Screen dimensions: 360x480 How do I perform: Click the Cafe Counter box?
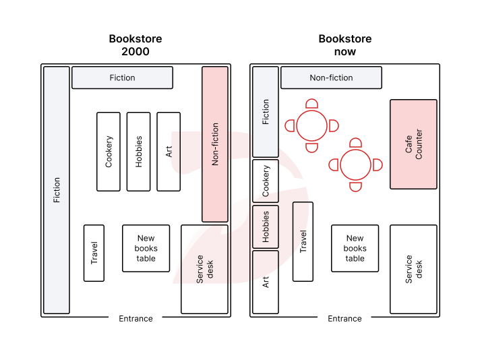413,144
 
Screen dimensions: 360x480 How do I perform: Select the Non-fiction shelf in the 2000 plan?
215,144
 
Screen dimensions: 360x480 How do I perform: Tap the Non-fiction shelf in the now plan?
331,78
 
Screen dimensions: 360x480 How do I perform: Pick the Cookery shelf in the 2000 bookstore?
109,152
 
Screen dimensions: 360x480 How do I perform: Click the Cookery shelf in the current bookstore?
266,181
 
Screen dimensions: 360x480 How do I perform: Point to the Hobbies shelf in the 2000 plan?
139,152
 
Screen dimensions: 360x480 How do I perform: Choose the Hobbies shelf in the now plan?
266,227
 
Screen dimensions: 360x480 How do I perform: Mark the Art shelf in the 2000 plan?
169,152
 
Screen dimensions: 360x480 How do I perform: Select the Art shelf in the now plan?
266,282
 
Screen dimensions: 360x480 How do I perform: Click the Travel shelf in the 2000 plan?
94,253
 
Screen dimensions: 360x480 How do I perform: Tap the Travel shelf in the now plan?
303,241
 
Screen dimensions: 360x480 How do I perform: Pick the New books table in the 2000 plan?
146,248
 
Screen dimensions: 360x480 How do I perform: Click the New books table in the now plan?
355,248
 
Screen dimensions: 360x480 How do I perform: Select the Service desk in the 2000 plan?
204,269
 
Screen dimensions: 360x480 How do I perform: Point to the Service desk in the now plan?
413,269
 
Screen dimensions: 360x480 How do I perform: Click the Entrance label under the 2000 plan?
136,319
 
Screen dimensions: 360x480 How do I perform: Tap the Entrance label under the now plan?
344,319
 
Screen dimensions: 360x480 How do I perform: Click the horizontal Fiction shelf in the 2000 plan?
122,78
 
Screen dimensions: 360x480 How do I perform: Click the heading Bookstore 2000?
136,45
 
